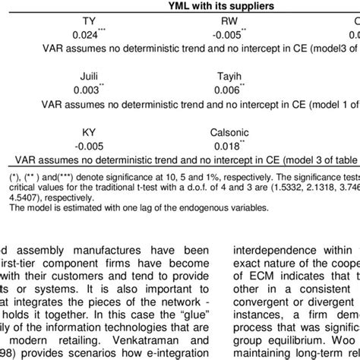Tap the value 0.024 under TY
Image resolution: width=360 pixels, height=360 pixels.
click(86, 34)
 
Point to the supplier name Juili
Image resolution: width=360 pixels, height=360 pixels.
click(89, 77)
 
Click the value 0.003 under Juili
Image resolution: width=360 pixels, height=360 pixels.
click(86, 90)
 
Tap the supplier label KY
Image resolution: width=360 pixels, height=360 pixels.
click(89, 132)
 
